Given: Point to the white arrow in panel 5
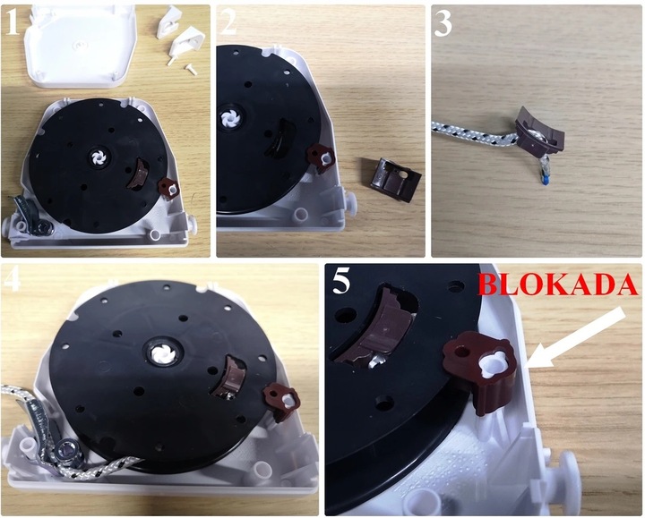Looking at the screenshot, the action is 576,337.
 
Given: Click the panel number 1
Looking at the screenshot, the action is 12,22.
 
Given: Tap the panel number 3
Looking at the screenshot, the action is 443,24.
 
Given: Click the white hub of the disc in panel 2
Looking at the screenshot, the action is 228,117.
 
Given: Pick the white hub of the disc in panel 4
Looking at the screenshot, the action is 162,353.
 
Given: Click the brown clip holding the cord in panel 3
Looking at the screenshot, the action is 539,131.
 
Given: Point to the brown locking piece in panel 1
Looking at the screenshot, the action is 169,189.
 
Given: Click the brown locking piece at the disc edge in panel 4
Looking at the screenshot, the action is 282,401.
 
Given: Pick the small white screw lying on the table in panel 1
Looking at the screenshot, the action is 192,68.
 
